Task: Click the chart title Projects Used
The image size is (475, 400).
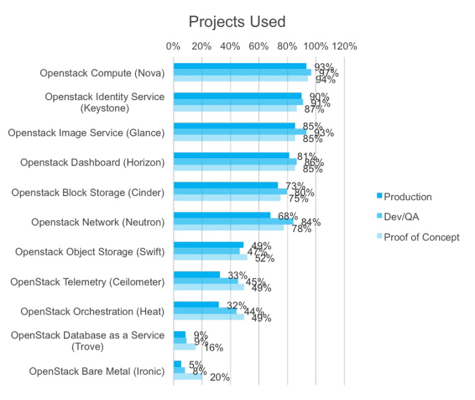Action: (x=237, y=22)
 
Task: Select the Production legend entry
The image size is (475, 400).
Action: (x=407, y=197)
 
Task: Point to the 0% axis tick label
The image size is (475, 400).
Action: (x=173, y=46)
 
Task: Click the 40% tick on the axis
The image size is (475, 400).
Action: (x=230, y=46)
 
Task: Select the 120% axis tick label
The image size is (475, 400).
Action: (x=344, y=46)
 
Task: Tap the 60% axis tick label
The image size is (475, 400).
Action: (x=259, y=46)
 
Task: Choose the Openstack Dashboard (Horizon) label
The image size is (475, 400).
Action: (x=92, y=163)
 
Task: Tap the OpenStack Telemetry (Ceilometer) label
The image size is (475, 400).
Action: (x=87, y=282)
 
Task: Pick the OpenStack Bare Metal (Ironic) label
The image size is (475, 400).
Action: (x=96, y=371)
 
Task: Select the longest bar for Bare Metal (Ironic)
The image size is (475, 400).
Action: (x=187, y=377)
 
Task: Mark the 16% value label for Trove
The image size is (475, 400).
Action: (x=213, y=347)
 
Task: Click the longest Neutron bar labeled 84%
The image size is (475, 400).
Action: (x=233, y=222)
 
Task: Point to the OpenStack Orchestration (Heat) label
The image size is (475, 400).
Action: (x=92, y=312)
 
